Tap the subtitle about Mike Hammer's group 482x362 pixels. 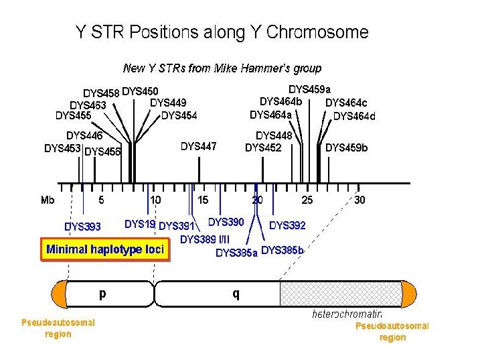222,68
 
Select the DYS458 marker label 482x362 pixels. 101,93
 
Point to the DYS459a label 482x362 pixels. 309,89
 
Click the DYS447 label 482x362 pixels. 199,146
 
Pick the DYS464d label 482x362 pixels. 354,116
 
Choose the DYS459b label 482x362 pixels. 346,147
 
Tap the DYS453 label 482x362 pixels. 62,148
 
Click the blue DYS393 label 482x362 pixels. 82,227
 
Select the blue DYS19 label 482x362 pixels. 140,224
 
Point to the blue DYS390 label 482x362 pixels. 226,222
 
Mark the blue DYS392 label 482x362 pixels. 287,225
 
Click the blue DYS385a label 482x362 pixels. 236,253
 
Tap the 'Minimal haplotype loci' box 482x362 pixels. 105,249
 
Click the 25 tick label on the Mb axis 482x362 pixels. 307,200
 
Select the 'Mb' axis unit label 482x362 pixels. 48,200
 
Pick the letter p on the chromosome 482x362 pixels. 102,293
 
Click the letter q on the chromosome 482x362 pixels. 236,293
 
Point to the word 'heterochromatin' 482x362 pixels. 347,314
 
